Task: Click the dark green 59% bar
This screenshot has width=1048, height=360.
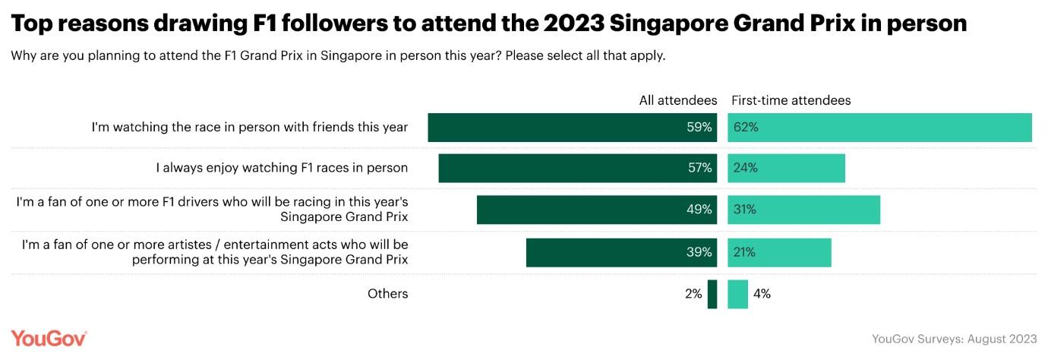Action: click(572, 128)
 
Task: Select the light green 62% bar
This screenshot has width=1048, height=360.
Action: click(879, 128)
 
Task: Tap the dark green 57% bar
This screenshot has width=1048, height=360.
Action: click(577, 169)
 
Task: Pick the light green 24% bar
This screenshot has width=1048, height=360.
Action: click(786, 169)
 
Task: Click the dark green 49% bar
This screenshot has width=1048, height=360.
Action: click(596, 210)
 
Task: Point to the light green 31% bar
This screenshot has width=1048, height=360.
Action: click(803, 210)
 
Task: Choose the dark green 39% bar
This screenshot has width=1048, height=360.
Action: click(621, 252)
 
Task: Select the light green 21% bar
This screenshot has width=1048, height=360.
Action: click(779, 252)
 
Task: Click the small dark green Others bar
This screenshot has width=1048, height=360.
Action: click(712, 294)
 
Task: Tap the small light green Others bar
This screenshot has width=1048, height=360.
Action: click(737, 294)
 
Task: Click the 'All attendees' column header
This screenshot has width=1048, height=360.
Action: click(677, 100)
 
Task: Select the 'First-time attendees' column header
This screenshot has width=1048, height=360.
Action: click(791, 100)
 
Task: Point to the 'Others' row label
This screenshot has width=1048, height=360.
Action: click(387, 294)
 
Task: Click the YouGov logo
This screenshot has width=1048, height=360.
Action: click(49, 339)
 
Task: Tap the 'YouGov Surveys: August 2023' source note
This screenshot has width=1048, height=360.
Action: click(954, 339)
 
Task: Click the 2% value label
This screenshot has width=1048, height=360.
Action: click(693, 294)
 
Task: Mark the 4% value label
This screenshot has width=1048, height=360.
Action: click(762, 294)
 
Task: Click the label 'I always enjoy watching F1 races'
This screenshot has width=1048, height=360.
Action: click(282, 169)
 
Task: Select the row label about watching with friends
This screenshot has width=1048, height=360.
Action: click(250, 128)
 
